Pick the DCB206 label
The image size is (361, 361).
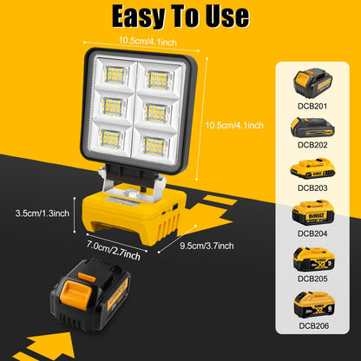click(313, 326)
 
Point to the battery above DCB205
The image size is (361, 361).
click(313, 259)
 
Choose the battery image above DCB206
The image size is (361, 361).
click(313, 305)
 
